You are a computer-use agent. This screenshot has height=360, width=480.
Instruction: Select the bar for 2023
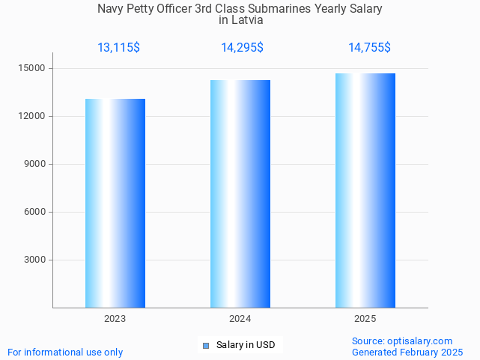(115, 203)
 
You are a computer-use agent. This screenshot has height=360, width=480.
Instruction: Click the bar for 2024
(240, 194)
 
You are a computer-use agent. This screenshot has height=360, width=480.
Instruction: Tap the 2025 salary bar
(365, 190)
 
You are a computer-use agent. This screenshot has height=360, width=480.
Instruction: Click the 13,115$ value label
(118, 48)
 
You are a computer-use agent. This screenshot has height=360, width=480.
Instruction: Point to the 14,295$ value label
(242, 48)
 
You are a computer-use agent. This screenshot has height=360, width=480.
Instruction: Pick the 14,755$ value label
(369, 48)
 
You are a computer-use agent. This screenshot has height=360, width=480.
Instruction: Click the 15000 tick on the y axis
(33, 69)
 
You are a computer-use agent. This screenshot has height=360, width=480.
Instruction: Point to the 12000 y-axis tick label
(33, 117)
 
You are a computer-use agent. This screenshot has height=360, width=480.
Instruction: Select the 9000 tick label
(35, 165)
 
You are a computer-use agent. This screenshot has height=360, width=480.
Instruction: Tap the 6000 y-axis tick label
(35, 213)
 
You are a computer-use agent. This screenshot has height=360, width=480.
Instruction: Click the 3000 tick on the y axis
(35, 260)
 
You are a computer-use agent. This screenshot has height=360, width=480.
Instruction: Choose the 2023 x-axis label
(115, 319)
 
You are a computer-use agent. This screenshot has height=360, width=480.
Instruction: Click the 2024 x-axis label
(240, 319)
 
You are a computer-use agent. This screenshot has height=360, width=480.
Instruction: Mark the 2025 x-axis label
(365, 319)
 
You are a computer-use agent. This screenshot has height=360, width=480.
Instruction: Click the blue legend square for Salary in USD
(206, 345)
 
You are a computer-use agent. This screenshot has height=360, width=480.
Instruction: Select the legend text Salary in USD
(246, 345)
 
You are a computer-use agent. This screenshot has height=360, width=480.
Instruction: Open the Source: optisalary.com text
(402, 341)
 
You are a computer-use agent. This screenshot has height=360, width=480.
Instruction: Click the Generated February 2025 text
(407, 353)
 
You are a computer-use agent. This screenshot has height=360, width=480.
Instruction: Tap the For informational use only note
(65, 353)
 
